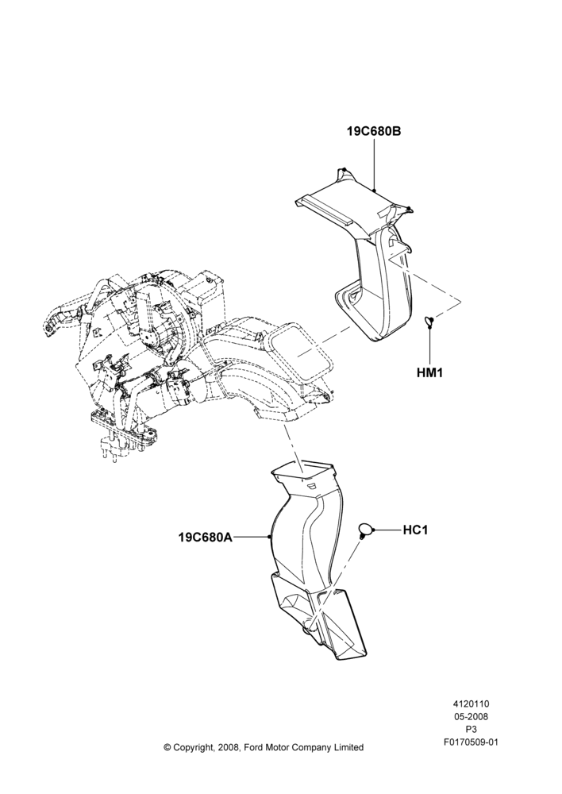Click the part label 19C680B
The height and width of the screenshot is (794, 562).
[374, 131]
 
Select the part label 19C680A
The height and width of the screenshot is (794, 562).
[205, 537]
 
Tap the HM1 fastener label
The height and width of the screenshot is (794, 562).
[430, 373]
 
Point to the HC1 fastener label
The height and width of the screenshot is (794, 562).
[416, 530]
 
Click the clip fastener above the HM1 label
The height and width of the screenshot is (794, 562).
[428, 321]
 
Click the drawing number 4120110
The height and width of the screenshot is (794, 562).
[471, 703]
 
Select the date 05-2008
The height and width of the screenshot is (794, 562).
[471, 716]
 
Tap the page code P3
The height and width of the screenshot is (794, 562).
[471, 730]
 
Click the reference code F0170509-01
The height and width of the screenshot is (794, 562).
[471, 743]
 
